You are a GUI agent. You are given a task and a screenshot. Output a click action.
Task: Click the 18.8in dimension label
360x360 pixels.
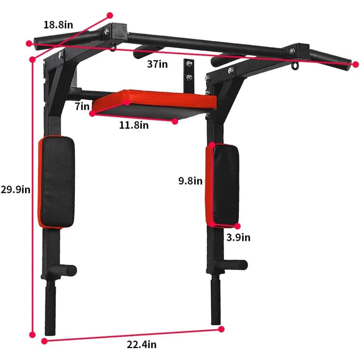(58, 24)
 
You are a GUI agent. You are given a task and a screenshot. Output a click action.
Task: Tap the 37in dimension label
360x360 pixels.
(157, 64)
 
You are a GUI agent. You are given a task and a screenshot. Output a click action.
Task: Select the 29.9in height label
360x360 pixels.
(15, 190)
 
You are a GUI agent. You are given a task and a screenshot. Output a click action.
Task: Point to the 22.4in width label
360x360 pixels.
(141, 345)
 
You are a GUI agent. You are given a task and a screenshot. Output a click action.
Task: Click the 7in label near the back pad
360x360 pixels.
(82, 106)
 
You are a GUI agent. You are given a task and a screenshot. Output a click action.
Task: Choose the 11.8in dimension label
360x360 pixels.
(134, 125)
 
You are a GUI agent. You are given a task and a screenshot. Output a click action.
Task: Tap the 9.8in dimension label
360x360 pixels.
(190, 181)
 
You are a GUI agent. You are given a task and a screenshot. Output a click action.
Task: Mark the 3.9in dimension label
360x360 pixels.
(238, 237)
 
